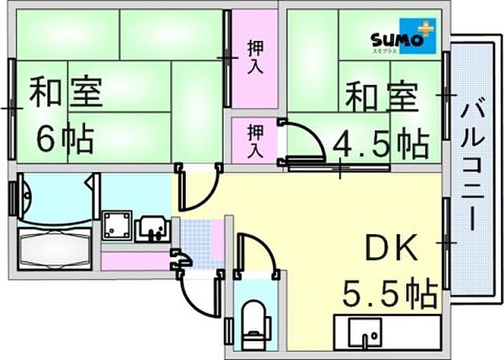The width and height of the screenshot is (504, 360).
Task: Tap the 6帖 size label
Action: (x=66, y=138)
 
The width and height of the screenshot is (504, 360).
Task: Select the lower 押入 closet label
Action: (x=255, y=141)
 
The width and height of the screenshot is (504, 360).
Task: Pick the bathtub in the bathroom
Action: (x=55, y=249)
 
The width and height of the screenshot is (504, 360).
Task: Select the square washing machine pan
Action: (x=117, y=226)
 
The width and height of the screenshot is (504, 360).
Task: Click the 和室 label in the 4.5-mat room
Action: (x=381, y=99)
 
